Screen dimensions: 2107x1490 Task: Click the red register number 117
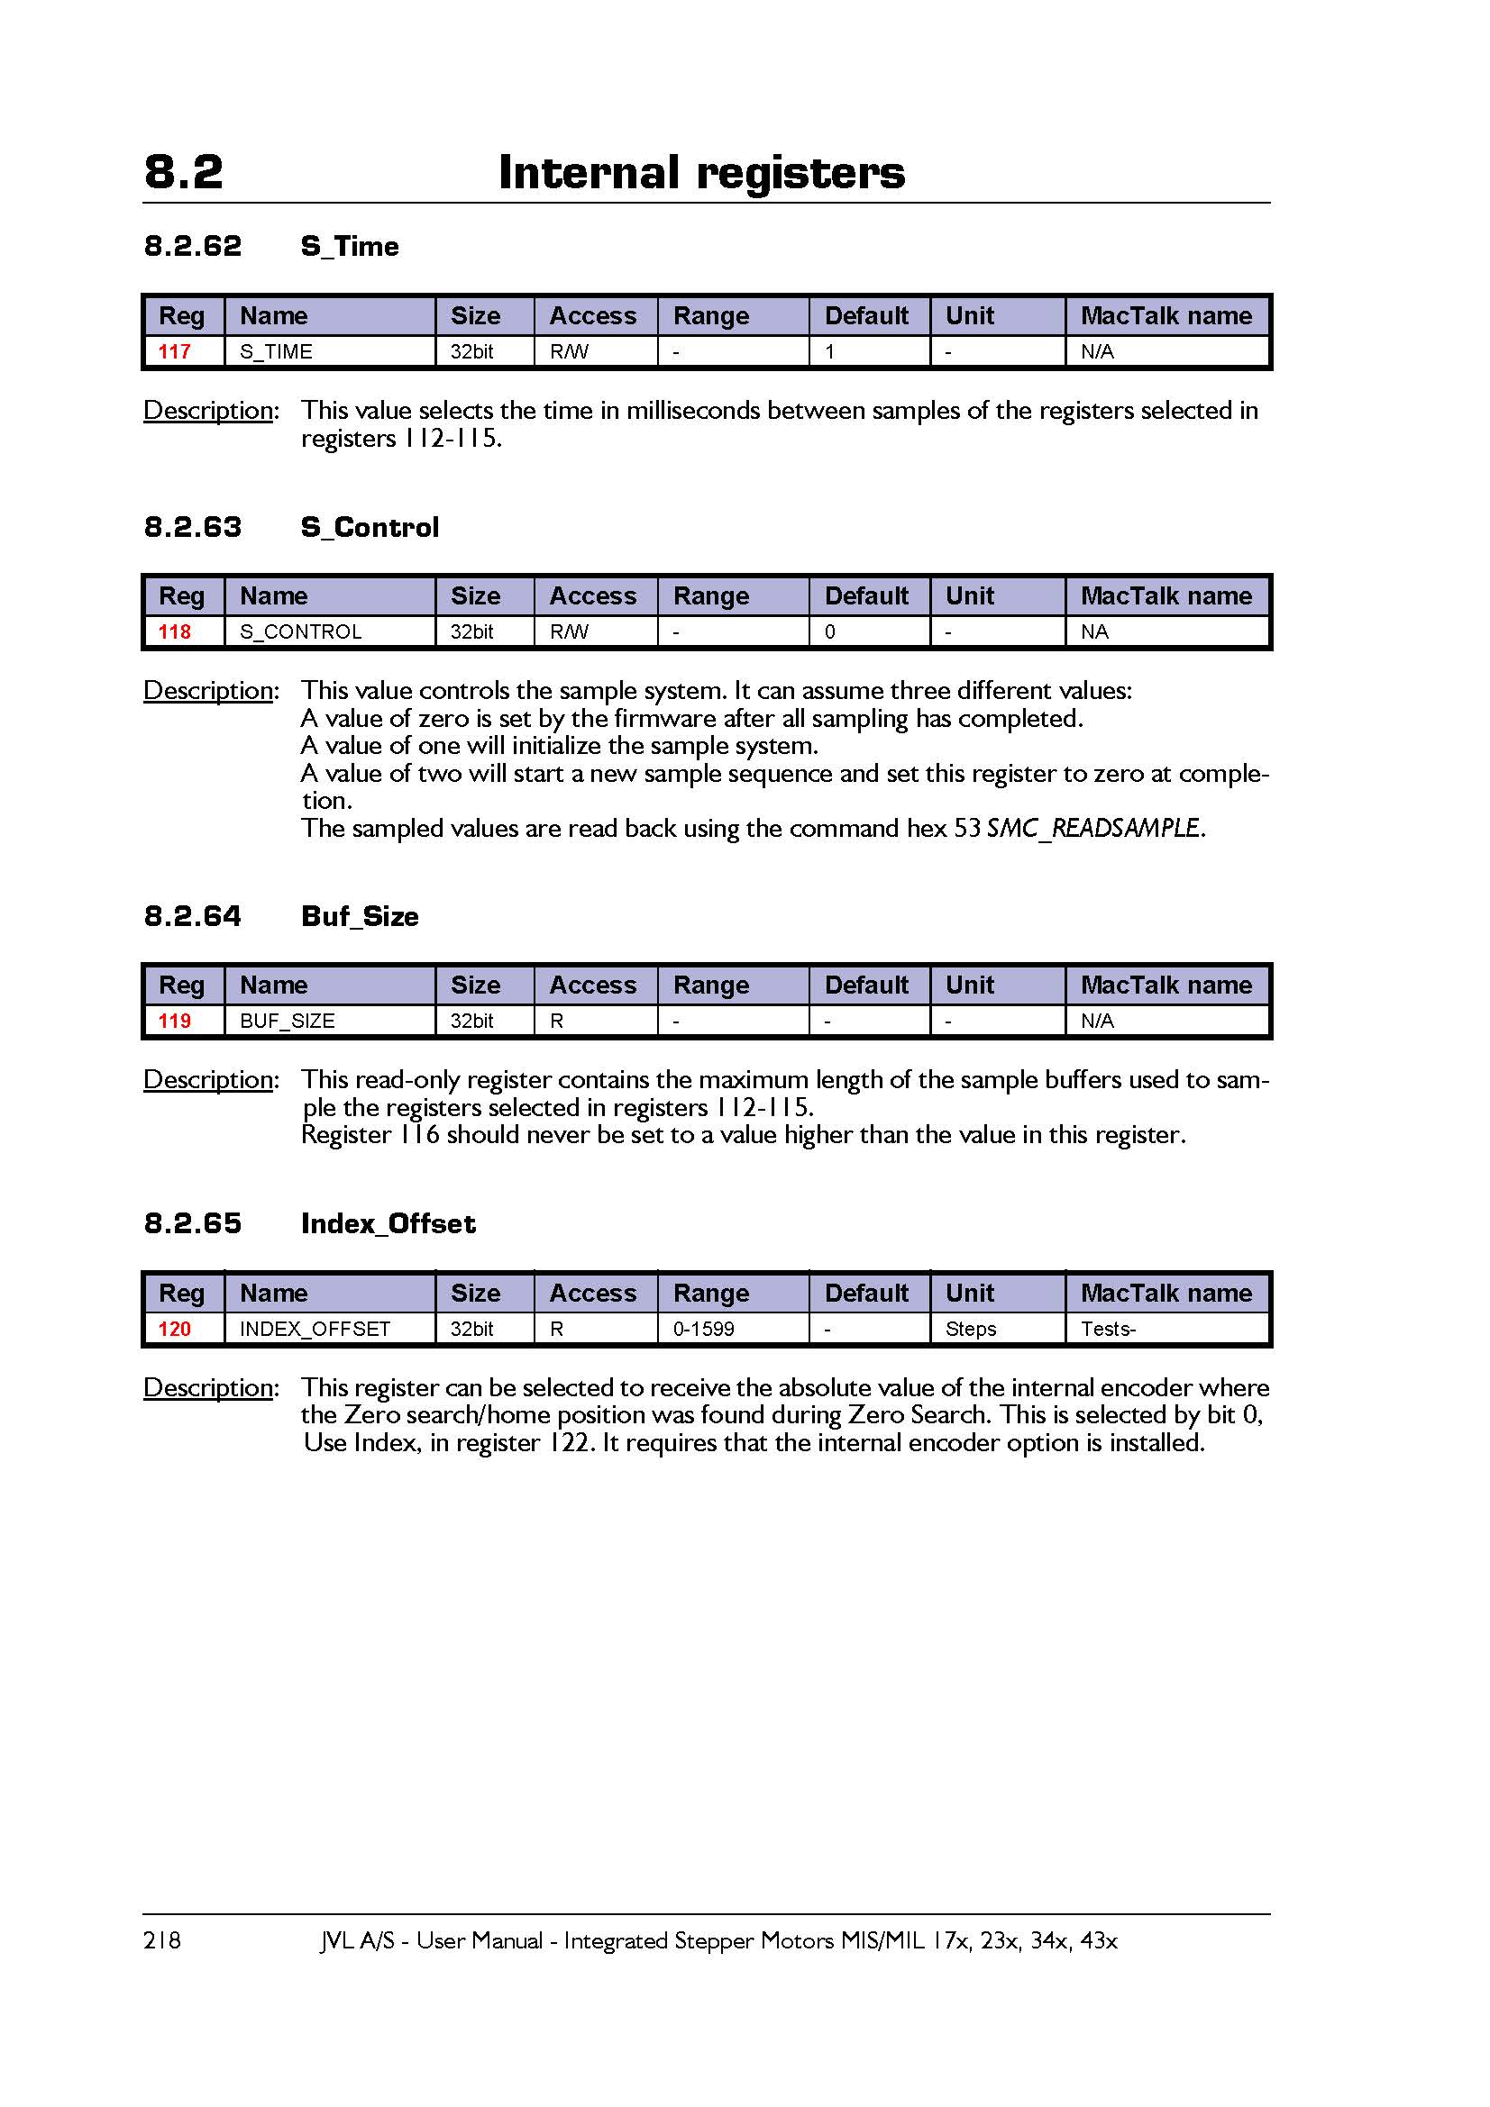(175, 351)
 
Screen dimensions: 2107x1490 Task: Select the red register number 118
(175, 631)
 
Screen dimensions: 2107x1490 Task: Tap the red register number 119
(175, 1021)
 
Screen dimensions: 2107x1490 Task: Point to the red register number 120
(175, 1329)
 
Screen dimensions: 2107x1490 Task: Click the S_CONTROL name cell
(300, 631)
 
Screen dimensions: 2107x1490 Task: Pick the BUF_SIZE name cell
(287, 1021)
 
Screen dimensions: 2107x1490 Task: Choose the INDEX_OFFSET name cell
(315, 1329)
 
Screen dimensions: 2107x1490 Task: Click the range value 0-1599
(703, 1329)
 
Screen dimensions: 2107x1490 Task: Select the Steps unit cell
(971, 1329)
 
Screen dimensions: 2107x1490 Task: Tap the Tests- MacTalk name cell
(1108, 1329)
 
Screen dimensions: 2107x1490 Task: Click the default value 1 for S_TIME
(830, 351)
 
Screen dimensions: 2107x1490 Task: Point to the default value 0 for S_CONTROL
(830, 631)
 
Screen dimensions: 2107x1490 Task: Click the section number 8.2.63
(193, 527)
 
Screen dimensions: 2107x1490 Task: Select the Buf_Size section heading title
(360, 916)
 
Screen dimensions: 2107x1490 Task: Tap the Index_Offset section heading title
(388, 1223)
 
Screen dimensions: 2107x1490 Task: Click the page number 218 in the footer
(162, 1940)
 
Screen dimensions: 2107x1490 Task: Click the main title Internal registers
(701, 173)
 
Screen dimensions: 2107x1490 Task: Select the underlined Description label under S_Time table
(209, 410)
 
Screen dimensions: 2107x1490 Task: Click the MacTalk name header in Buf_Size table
(1165, 985)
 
